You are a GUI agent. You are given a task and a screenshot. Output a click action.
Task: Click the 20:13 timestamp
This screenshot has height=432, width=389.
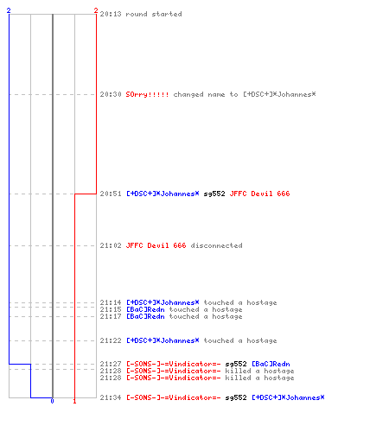pos(111,14)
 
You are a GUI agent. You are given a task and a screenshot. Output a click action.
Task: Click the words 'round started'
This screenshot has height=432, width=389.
pos(154,14)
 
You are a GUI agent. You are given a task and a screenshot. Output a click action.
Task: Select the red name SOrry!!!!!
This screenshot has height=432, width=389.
pos(147,94)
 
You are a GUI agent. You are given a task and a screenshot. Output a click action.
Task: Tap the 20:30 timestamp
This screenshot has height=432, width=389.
pos(111,94)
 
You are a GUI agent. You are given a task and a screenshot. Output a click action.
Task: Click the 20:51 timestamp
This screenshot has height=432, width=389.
pos(111,194)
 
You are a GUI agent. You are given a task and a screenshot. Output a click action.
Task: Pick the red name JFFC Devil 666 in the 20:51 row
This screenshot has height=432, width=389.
pos(259,194)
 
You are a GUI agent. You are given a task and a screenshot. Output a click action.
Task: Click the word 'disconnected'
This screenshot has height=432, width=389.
pos(216,245)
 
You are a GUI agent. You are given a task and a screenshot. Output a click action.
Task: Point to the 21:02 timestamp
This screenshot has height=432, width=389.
pos(111,245)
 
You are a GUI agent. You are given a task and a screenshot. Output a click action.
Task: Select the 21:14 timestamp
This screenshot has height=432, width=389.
pos(111,302)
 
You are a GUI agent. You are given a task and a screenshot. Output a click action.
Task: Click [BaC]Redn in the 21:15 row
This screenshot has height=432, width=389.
pos(145,309)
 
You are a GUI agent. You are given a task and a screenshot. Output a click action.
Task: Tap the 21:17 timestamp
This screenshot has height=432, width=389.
pos(111,316)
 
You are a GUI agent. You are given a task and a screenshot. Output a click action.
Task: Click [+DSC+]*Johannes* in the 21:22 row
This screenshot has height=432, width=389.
pos(163,340)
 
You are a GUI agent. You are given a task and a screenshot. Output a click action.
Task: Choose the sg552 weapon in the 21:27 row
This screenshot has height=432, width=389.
pos(236,364)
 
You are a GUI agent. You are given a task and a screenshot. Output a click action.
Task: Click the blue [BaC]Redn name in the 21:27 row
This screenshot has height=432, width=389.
pos(271,364)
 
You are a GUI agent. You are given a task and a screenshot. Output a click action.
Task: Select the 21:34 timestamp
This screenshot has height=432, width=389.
pos(111,397)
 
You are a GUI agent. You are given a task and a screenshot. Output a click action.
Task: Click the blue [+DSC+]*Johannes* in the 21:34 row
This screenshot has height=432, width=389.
pos(288,397)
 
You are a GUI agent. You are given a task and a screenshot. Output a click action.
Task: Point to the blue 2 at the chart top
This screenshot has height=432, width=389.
pos(9,10)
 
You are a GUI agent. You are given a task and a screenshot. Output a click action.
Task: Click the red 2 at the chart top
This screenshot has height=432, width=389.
pos(96,10)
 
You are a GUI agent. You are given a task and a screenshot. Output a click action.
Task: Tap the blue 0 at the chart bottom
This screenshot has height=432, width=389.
pos(52,401)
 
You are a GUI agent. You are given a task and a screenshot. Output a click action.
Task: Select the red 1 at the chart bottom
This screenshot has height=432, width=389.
pos(74,401)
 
